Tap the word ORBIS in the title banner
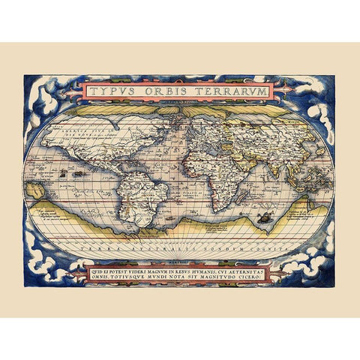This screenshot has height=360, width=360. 169,91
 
